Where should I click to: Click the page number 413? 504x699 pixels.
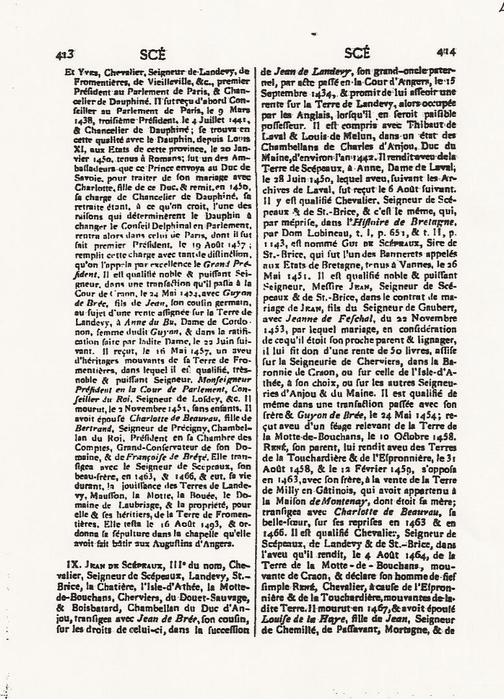click(68, 55)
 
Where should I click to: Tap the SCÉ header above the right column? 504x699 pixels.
click(358, 53)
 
